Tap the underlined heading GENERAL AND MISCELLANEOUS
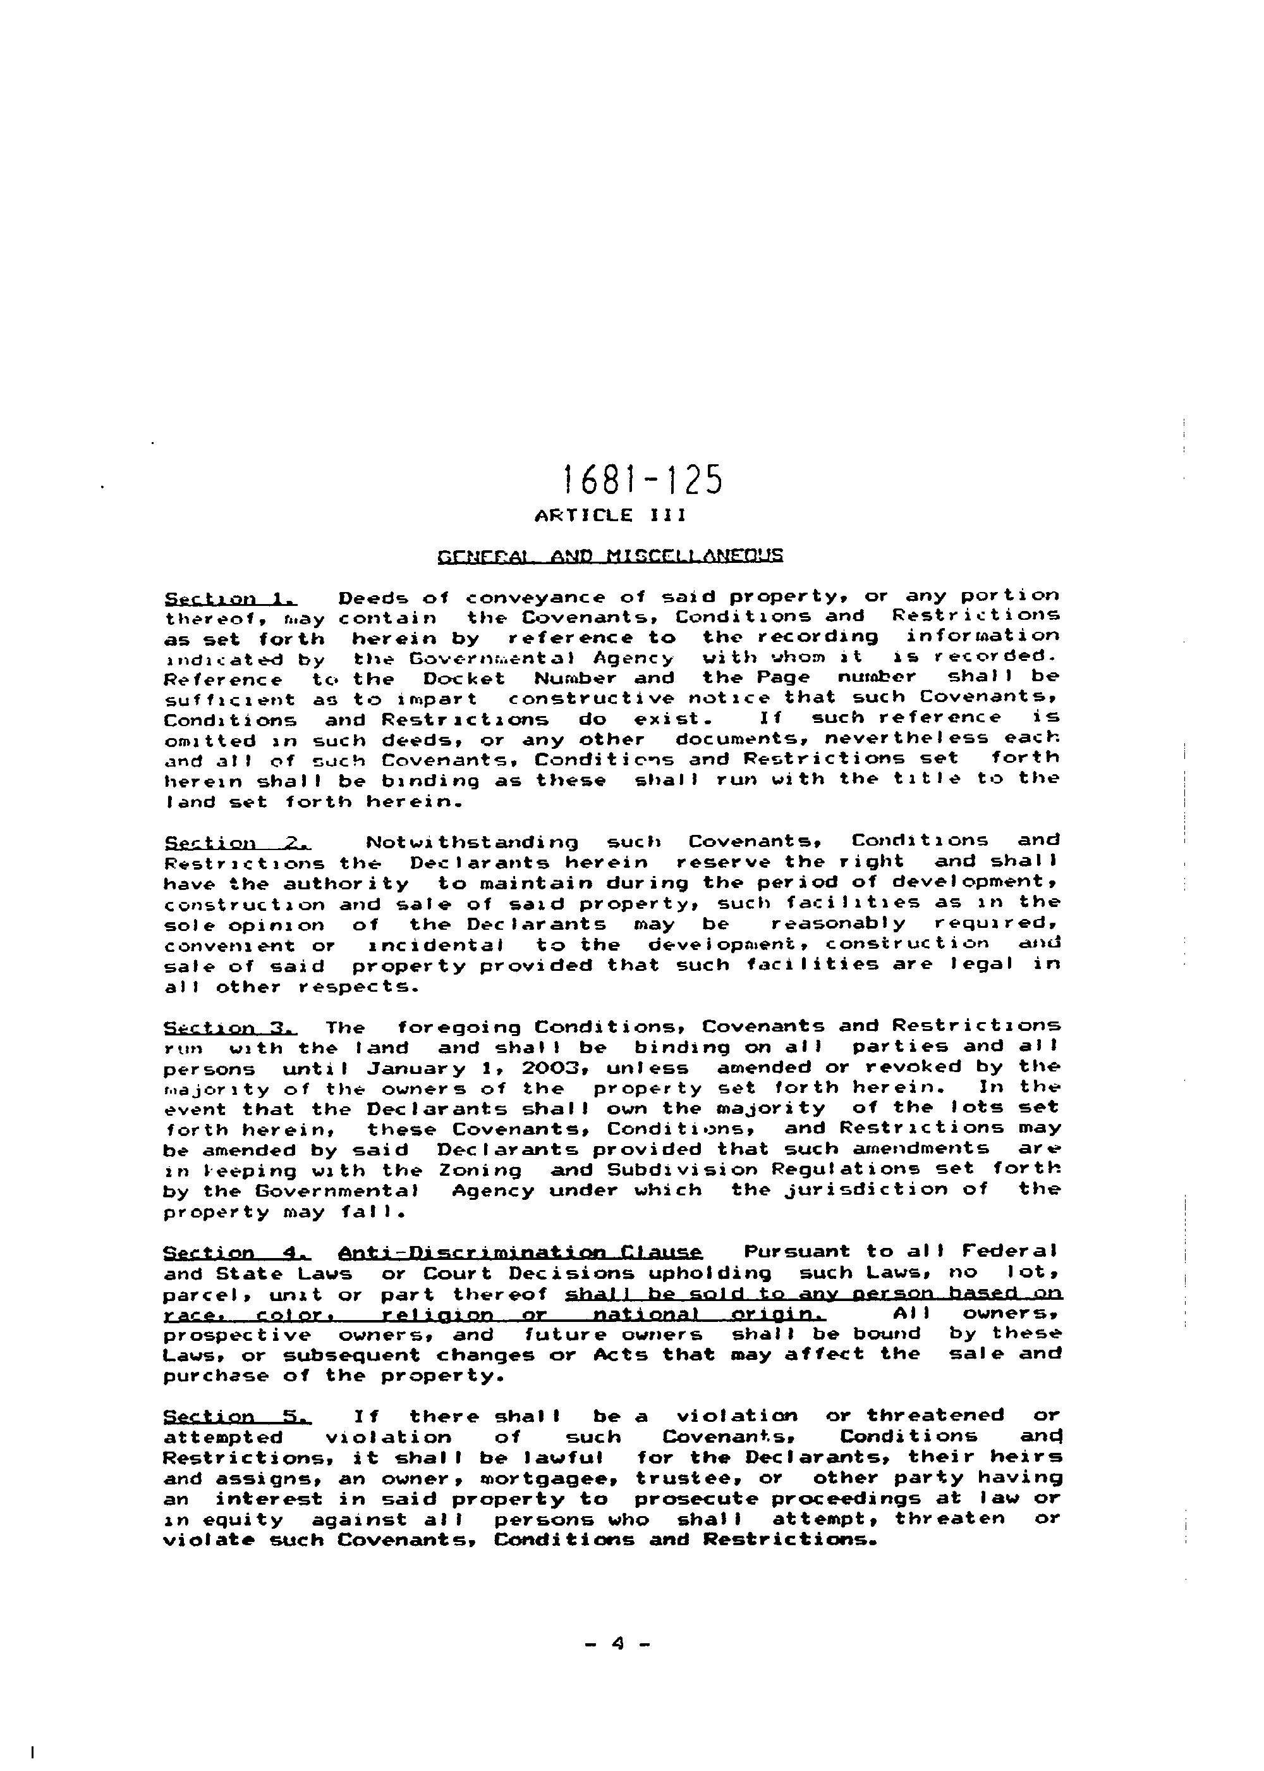coord(611,556)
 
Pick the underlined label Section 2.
coord(236,842)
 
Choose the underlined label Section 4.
coord(236,1252)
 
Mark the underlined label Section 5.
coord(236,1416)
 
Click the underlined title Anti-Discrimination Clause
coord(521,1252)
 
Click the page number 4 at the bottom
coord(618,1643)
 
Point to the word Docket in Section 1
coord(464,678)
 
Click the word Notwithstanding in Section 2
coord(471,842)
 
